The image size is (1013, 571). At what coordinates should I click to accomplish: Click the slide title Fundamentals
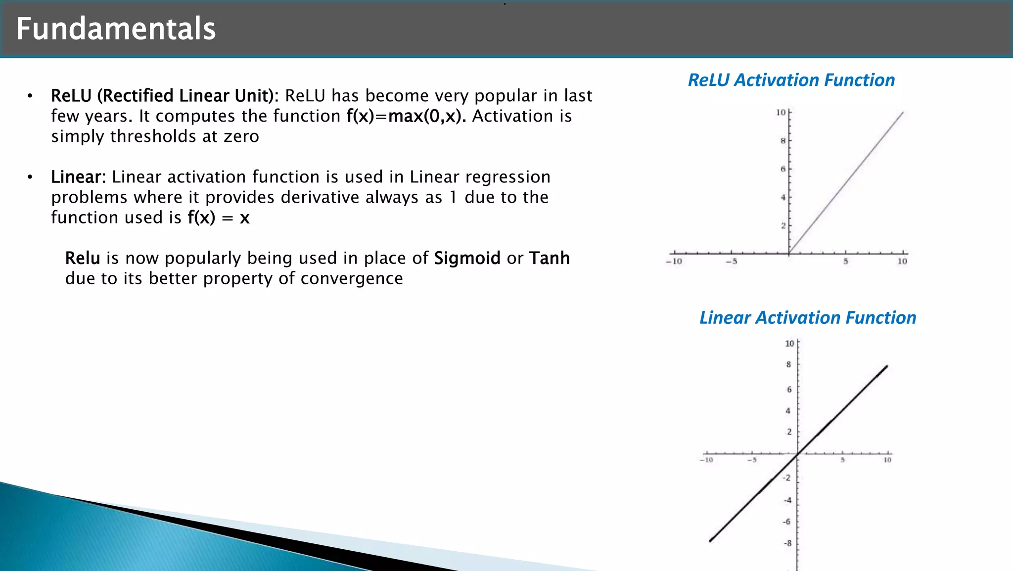click(x=116, y=29)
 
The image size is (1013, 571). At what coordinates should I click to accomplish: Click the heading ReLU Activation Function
click(x=791, y=80)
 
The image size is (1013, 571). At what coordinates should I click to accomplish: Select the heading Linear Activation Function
click(x=807, y=317)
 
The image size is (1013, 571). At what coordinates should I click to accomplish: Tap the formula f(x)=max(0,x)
click(x=406, y=116)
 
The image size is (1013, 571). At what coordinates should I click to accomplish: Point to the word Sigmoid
click(x=467, y=258)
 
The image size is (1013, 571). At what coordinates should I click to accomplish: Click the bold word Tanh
click(x=549, y=258)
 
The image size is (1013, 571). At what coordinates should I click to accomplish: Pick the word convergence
click(x=351, y=278)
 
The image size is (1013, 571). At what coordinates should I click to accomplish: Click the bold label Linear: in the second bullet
click(x=78, y=177)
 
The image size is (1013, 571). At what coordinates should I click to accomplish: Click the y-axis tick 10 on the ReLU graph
click(x=781, y=113)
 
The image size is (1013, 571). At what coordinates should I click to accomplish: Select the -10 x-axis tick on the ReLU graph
click(x=674, y=262)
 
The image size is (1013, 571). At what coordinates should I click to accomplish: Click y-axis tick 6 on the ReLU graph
click(x=783, y=169)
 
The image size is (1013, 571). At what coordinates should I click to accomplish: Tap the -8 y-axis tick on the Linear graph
click(x=787, y=543)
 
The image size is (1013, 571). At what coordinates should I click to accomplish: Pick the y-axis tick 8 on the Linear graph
click(x=788, y=364)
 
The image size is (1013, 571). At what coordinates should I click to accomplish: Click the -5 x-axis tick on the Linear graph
click(x=752, y=460)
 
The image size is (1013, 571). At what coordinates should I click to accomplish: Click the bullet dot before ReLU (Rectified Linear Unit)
click(x=30, y=96)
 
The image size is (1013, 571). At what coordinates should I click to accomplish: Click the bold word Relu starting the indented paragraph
click(x=83, y=258)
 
